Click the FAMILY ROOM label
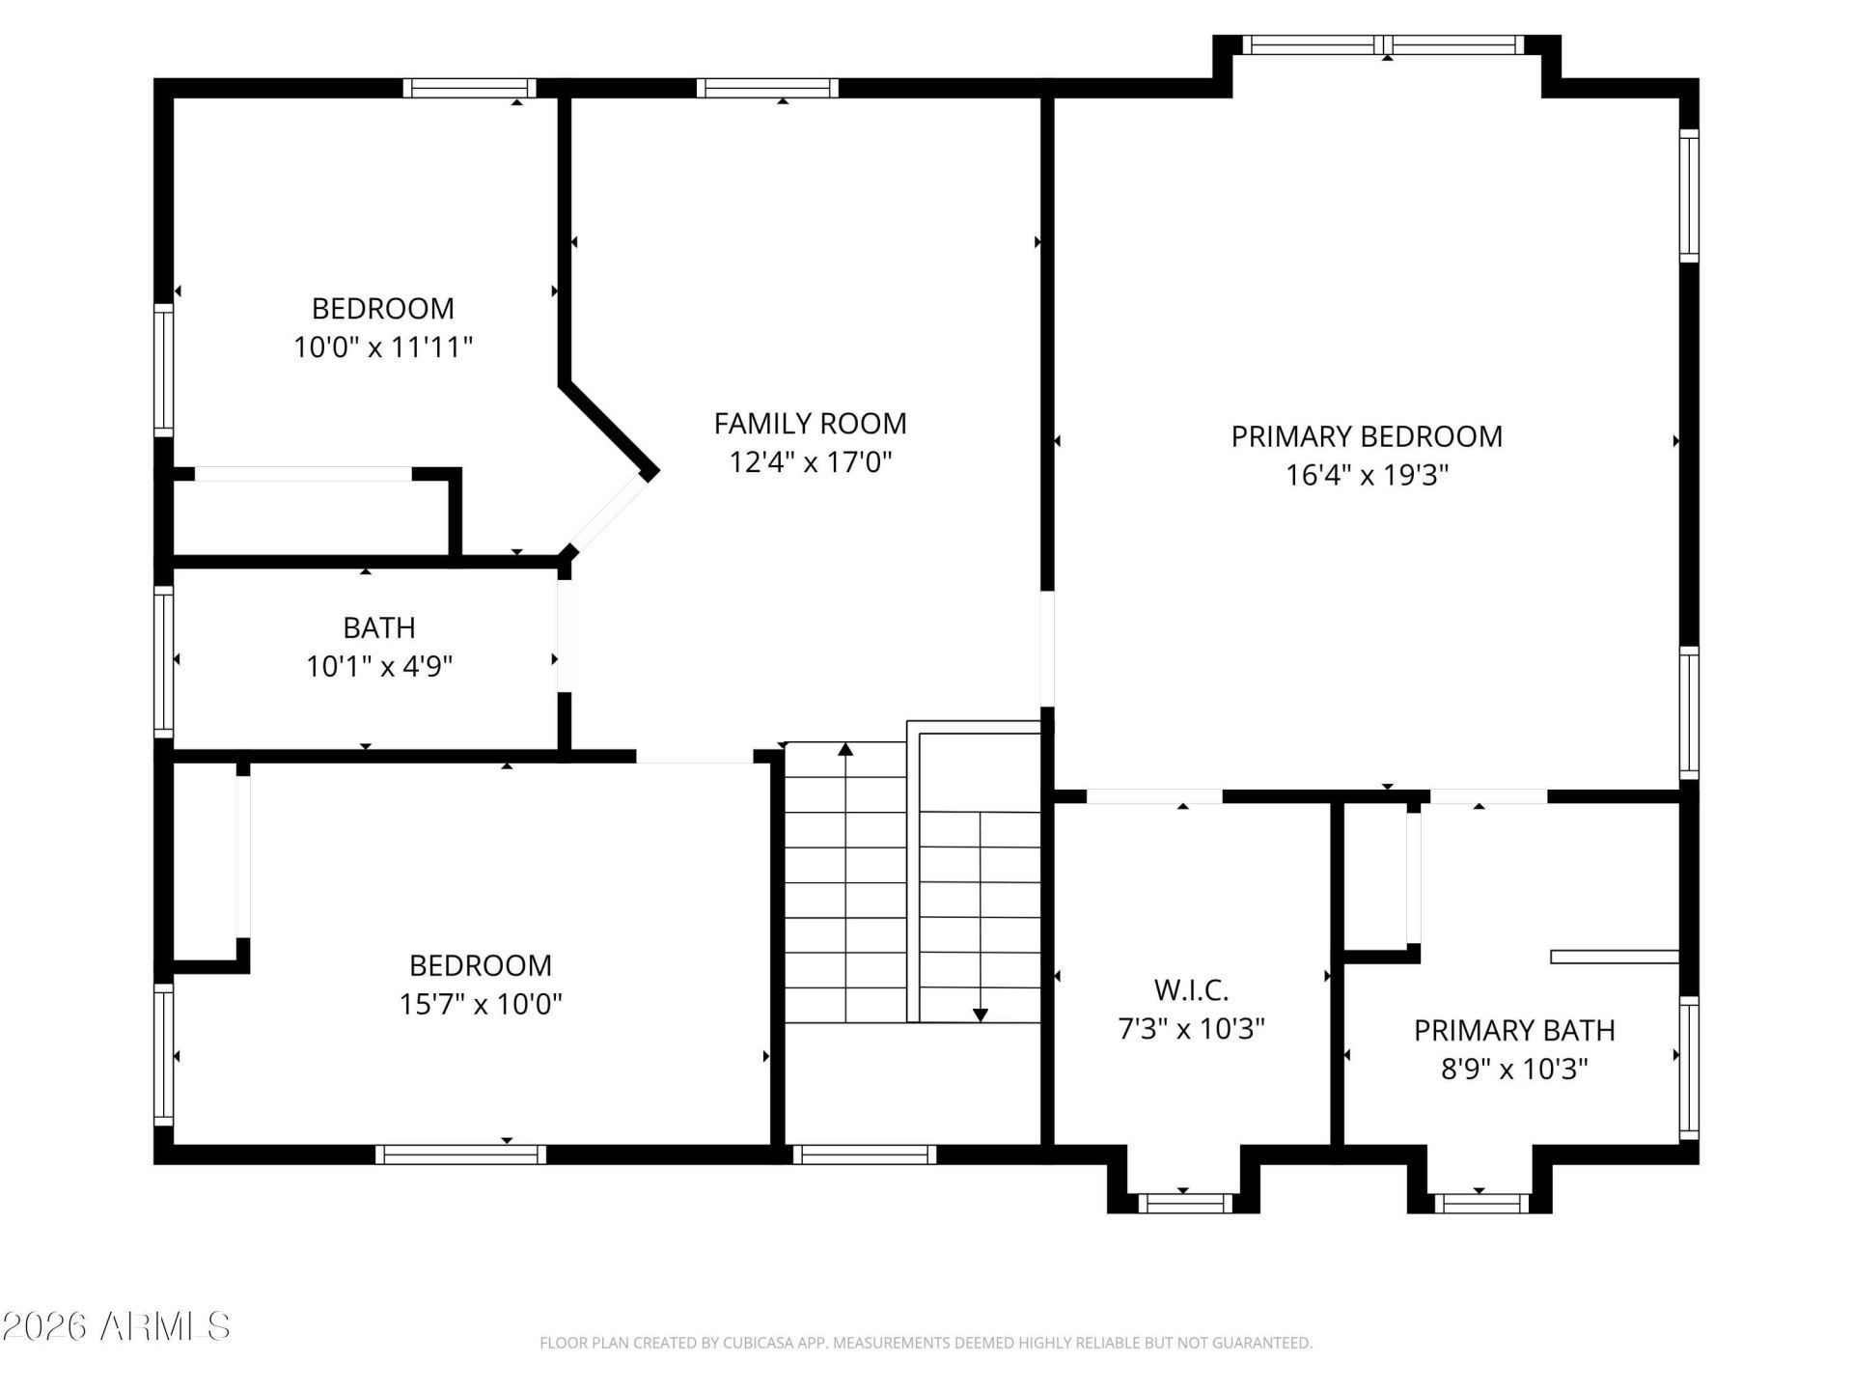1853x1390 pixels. (810, 423)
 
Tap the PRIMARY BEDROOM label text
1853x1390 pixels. (1367, 436)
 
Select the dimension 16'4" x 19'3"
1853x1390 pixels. (1368, 475)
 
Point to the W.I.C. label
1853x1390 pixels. (1191, 989)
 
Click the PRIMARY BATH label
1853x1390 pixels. (1514, 1030)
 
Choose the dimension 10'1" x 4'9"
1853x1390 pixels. (379, 666)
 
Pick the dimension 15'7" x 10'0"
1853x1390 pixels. (481, 1004)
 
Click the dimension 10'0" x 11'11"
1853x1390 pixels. (383, 347)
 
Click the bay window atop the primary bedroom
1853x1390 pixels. (1384, 44)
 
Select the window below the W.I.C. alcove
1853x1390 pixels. (1185, 1203)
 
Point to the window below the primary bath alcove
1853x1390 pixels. (1481, 1203)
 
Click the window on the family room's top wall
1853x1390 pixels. (767, 89)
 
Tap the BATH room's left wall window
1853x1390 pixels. (164, 661)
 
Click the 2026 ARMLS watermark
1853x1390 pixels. (116, 1326)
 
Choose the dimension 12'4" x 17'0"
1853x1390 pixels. (810, 462)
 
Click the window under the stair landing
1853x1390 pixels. (865, 1154)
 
